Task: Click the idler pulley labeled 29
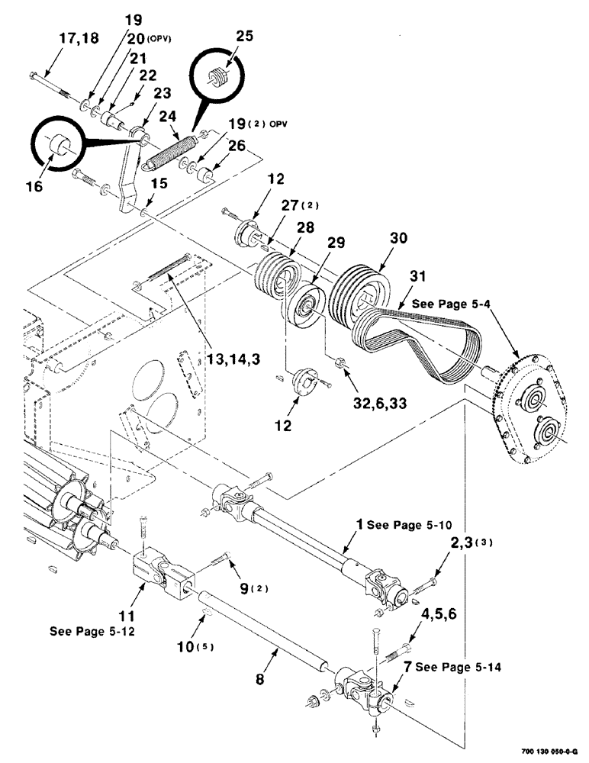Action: (305, 310)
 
